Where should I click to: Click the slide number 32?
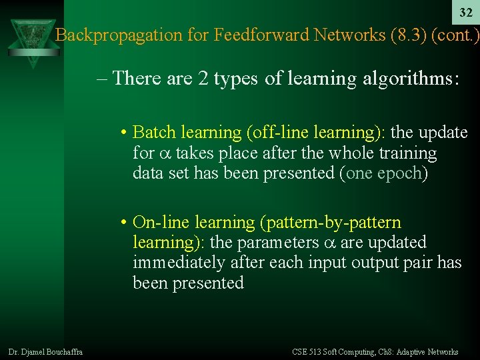466,13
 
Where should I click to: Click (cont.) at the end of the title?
455,35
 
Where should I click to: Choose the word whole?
331,153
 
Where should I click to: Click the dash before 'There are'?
102,79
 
